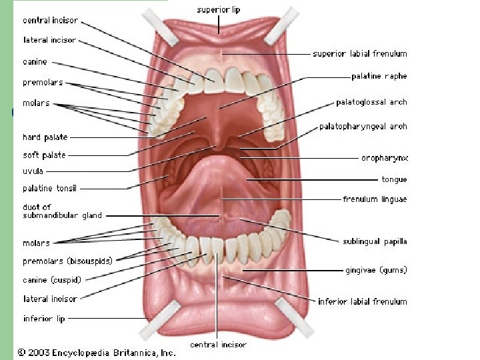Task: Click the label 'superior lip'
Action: [219, 10]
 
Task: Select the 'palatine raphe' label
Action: [379, 77]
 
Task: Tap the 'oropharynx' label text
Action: [385, 158]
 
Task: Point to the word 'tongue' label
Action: [394, 179]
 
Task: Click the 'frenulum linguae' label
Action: [375, 199]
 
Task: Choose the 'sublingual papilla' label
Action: [375, 241]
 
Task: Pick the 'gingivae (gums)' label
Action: [376, 270]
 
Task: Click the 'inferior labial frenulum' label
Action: [362, 301]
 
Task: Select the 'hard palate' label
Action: [45, 137]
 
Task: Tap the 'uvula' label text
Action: [33, 171]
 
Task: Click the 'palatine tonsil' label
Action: [50, 189]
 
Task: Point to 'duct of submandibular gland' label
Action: [62, 211]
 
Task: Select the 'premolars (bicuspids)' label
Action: [67, 261]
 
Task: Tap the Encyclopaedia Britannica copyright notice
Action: [97, 351]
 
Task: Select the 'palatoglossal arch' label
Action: [371, 103]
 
